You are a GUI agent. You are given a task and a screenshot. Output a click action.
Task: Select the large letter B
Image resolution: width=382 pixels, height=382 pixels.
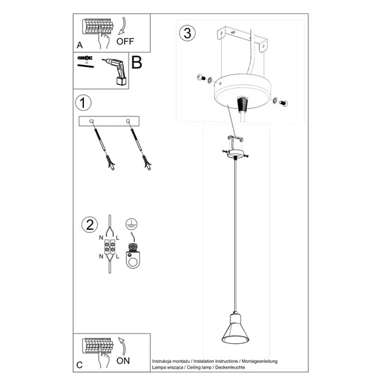click(136, 63)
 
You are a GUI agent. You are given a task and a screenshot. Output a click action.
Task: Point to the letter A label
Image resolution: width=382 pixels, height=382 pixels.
click(80, 45)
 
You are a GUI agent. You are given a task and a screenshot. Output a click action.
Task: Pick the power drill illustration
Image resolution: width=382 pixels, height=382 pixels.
click(115, 70)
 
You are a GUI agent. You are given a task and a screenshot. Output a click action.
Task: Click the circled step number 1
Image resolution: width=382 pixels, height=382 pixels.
click(82, 102)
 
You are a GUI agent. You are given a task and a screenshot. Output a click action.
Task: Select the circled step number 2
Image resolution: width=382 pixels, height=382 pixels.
click(89, 225)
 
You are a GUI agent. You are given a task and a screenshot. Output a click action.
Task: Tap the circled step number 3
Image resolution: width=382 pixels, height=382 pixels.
click(187, 34)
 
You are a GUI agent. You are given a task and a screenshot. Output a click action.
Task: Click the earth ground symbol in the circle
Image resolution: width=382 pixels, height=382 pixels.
click(131, 224)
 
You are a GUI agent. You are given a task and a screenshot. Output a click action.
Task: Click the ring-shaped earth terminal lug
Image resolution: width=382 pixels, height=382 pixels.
click(133, 258)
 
